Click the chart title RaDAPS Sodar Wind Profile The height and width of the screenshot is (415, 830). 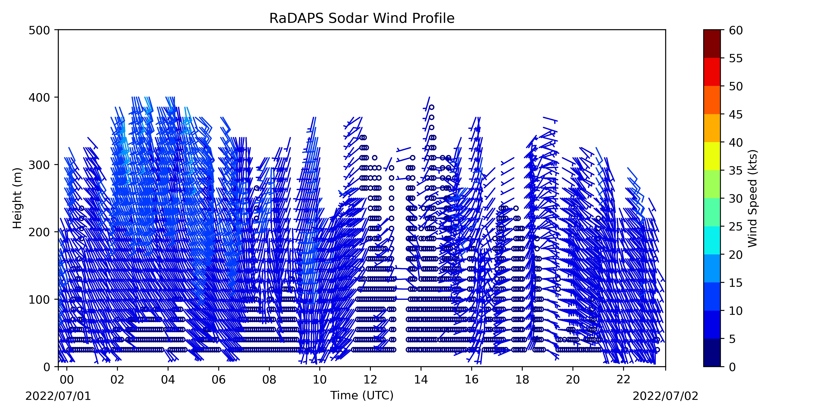[x=362, y=18]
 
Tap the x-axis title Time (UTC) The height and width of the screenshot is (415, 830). [x=362, y=395]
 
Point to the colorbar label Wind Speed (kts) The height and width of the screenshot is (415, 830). [x=752, y=198]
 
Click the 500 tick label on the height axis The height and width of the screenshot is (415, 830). [x=39, y=30]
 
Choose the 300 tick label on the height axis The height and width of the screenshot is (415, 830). [x=39, y=165]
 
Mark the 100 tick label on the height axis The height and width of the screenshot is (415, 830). [x=39, y=299]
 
